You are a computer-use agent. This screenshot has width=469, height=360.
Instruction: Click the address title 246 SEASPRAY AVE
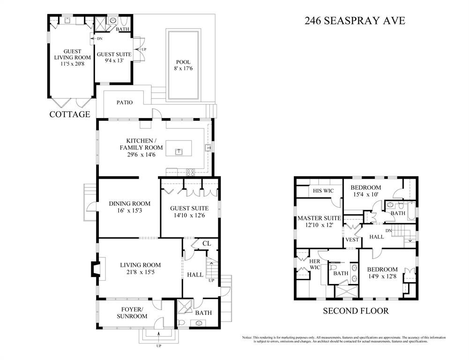tap(355, 21)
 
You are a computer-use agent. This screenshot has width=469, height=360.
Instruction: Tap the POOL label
tap(183, 62)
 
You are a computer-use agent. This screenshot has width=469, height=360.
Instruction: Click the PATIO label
tap(125, 102)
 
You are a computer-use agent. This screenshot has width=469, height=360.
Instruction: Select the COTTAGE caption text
tap(70, 114)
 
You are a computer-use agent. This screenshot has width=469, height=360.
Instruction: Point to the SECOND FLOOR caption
tap(356, 311)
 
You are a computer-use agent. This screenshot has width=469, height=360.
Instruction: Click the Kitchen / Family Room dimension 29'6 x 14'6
tap(141, 155)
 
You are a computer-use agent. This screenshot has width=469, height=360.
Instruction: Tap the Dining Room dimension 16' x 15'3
tap(129, 210)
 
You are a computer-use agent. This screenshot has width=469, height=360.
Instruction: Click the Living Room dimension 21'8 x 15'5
tap(140, 272)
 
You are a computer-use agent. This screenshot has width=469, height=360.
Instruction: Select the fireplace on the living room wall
tap(96, 269)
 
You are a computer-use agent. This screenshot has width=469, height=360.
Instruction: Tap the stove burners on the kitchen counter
tap(191, 172)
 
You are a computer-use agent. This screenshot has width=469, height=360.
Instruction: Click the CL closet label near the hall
tap(206, 244)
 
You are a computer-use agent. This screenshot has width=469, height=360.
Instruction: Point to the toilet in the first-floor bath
tap(181, 323)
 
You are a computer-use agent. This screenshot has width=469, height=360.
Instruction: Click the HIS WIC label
tap(323, 191)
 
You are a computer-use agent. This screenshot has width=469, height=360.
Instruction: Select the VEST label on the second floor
tap(352, 240)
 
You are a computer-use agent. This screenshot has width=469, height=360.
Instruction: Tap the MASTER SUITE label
tap(319, 218)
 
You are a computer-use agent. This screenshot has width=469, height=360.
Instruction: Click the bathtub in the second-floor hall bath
tap(411, 211)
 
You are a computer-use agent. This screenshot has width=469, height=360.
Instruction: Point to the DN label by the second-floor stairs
tap(388, 231)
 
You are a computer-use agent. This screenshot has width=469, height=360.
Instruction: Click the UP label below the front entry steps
tap(158, 346)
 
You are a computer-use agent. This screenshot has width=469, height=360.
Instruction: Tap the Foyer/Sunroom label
tap(132, 313)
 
